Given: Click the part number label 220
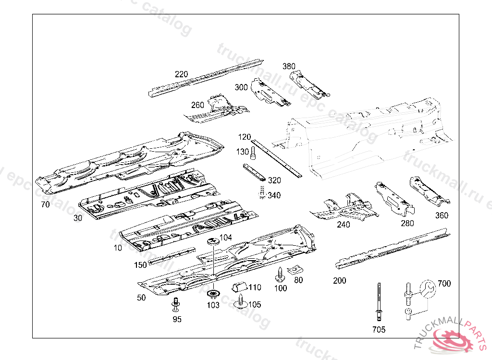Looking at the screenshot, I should pyautogui.click(x=181, y=74).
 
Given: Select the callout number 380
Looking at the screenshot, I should pyautogui.click(x=289, y=66).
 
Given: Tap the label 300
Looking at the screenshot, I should pyautogui.click(x=241, y=87).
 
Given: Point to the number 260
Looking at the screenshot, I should pyautogui.click(x=197, y=106).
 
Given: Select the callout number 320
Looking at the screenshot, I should pyautogui.click(x=274, y=180).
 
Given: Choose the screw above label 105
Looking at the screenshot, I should pyautogui.click(x=240, y=301).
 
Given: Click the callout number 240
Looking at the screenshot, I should pyautogui.click(x=344, y=225).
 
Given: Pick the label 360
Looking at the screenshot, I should pyautogui.click(x=442, y=216).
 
